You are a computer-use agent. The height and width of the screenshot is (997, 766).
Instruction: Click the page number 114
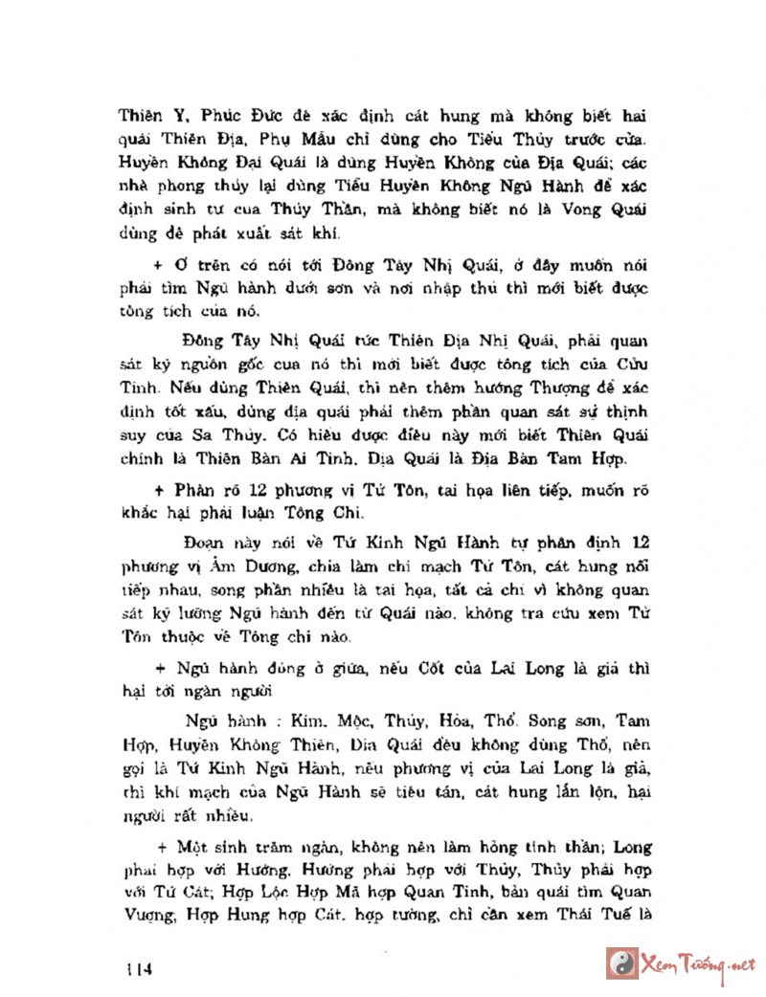pyautogui.click(x=138, y=968)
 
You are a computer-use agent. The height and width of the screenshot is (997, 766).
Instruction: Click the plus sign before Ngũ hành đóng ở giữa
pyautogui.click(x=161, y=669)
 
